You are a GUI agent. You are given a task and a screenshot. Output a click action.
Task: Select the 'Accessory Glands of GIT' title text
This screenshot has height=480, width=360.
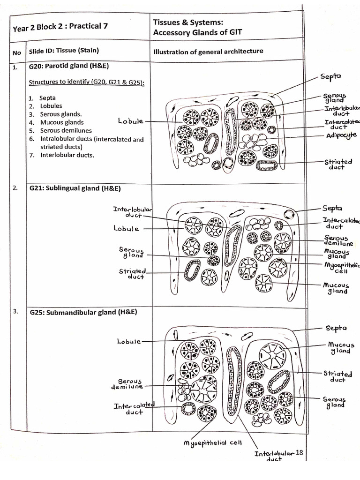[x=192, y=32]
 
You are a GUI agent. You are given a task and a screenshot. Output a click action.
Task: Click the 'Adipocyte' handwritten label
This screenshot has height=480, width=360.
[x=341, y=136]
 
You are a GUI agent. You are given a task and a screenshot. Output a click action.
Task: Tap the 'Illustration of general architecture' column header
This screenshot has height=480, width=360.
[x=208, y=51]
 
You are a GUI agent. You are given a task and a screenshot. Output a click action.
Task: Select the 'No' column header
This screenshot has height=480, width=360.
[x=17, y=53]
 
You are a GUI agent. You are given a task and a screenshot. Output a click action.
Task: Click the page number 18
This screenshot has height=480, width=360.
[x=300, y=453]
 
